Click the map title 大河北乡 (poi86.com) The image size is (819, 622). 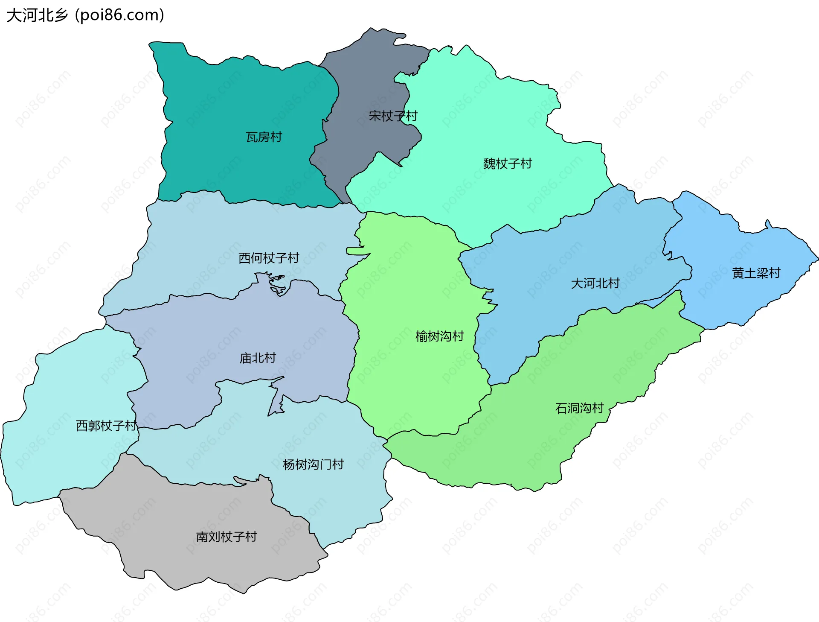(x=85, y=15)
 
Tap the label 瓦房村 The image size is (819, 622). (x=264, y=137)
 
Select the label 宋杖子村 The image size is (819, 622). (x=393, y=116)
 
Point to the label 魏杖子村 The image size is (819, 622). (x=508, y=164)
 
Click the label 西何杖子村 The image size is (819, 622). (x=269, y=258)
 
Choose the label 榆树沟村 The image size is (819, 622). (x=439, y=336)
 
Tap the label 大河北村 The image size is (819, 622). (x=595, y=283)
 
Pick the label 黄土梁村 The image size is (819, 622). (x=756, y=273)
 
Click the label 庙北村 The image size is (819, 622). (x=258, y=358)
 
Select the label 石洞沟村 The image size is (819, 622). (x=579, y=408)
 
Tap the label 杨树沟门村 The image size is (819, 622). (x=313, y=464)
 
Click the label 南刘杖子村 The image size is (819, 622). (x=227, y=537)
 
